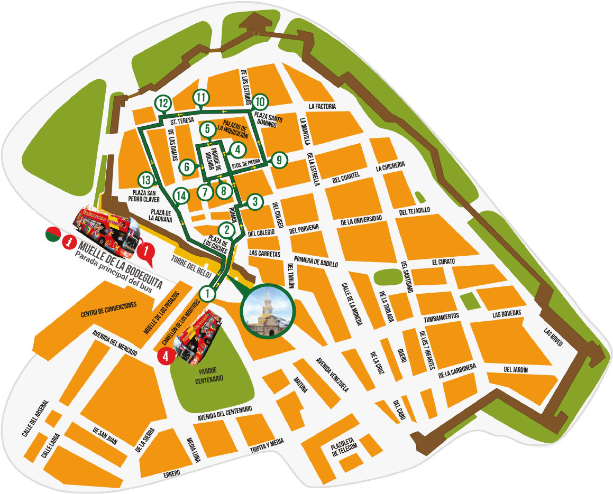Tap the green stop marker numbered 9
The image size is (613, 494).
click(279, 159)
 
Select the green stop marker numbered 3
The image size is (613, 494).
click(255, 201)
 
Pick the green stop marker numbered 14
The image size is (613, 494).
click(181, 196)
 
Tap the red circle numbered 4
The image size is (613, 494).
click(166, 356)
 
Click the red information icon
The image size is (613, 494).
click(68, 243)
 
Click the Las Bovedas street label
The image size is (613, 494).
click(506, 314)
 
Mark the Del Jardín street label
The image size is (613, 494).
click(516, 369)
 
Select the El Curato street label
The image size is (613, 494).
click(443, 262)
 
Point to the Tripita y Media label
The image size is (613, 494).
click(267, 445)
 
